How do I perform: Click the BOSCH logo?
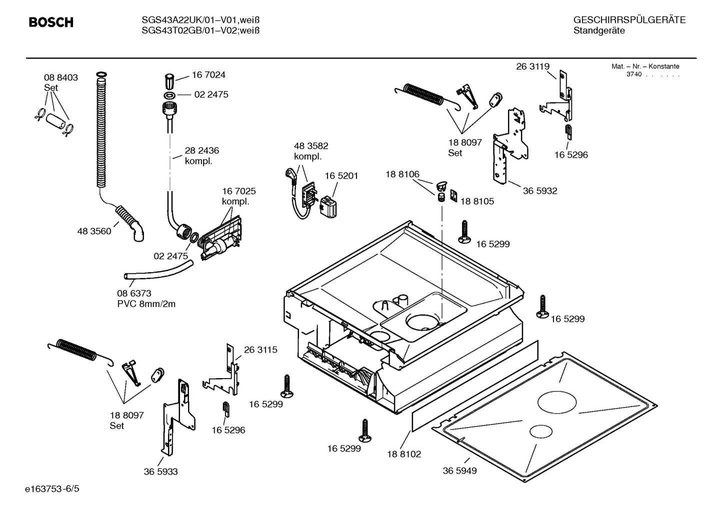pyautogui.click(x=51, y=22)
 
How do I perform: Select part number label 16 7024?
pyautogui.click(x=208, y=75)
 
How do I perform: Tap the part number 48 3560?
pyautogui.click(x=94, y=231)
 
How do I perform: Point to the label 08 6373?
pyautogui.click(x=134, y=294)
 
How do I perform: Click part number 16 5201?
pyautogui.click(x=341, y=176)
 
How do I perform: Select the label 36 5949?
pyautogui.click(x=459, y=471)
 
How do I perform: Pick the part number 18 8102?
pyautogui.click(x=403, y=454)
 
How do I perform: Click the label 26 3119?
pyautogui.click(x=532, y=66)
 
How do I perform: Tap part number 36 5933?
pyautogui.click(x=160, y=472)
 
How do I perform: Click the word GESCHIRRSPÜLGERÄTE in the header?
pyautogui.click(x=629, y=20)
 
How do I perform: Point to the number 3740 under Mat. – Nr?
pyautogui.click(x=633, y=74)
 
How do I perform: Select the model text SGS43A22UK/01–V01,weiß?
pyautogui.click(x=200, y=20)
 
